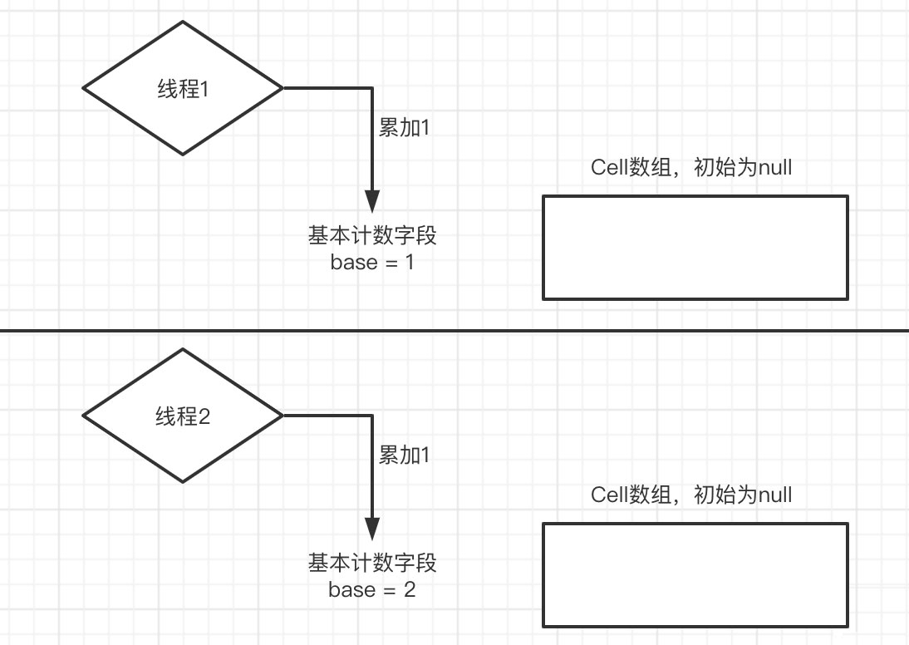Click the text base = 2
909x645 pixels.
pos(371,590)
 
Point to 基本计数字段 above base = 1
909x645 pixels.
pos(371,236)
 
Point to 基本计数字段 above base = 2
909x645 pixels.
pos(371,564)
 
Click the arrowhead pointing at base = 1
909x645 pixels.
pos(371,202)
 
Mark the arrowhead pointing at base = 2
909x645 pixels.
pos(371,529)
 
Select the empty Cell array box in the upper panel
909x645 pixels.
pos(695,247)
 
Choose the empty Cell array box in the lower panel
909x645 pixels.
pos(695,574)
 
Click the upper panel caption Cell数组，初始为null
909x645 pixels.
pos(691,167)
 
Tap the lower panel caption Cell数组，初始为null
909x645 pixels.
pos(691,495)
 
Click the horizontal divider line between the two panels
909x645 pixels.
pos(454,331)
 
